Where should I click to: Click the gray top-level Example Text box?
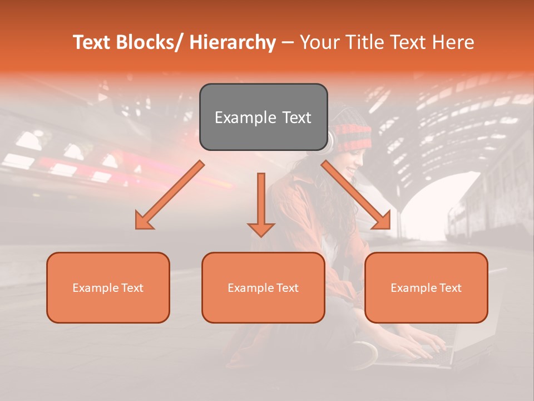(x=263, y=117)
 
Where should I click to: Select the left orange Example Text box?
(x=108, y=287)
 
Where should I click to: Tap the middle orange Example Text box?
(x=263, y=287)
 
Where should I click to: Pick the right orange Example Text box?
(x=426, y=287)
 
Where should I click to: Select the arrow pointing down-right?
(x=356, y=195)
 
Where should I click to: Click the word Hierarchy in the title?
(x=232, y=42)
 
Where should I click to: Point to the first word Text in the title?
(x=92, y=42)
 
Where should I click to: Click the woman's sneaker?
(x=364, y=354)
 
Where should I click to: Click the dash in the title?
(x=288, y=42)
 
